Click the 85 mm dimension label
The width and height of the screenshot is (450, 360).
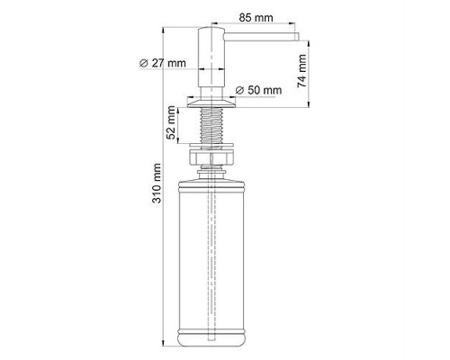click(256, 18)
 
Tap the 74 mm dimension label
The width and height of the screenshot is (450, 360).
click(302, 71)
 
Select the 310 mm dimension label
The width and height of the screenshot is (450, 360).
click(157, 183)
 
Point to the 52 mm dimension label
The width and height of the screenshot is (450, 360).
click(171, 122)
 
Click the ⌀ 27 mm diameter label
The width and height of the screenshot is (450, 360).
click(163, 63)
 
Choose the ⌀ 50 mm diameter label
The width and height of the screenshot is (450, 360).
click(258, 90)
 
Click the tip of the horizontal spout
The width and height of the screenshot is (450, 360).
click(298, 37)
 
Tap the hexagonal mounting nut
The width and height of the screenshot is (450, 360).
click(211, 157)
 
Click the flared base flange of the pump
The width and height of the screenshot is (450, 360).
click(211, 103)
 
